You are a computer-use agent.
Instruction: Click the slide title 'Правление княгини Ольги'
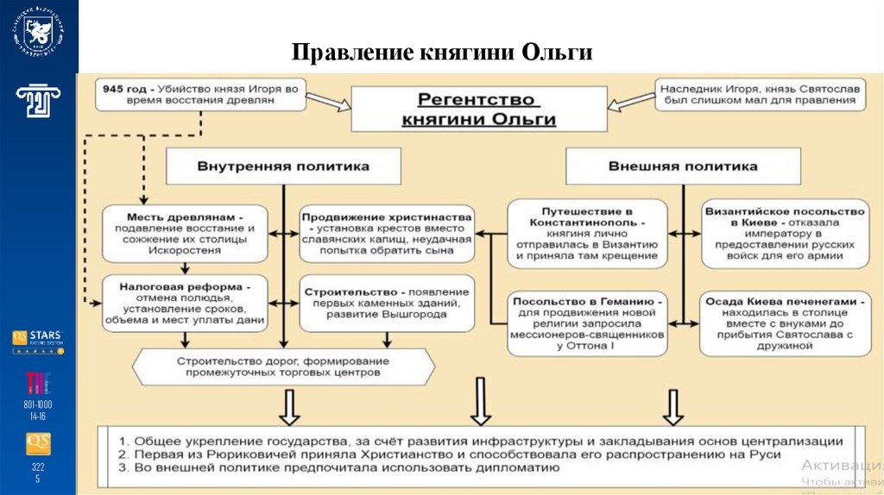(x=441, y=53)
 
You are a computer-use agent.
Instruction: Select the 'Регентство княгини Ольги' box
(x=478, y=110)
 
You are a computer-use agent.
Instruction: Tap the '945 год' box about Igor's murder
(x=200, y=94)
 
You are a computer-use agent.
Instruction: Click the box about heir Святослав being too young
(x=760, y=94)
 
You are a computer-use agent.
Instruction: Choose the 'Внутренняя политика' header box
(x=284, y=166)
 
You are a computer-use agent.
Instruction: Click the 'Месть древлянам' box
(x=186, y=230)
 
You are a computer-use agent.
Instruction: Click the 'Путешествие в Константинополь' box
(x=586, y=230)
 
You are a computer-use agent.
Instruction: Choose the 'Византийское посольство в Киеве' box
(x=784, y=230)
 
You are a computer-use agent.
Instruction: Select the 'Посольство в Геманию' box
(x=586, y=323)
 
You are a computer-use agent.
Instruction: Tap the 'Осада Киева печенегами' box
(x=784, y=323)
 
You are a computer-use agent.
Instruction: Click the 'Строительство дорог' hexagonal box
(x=284, y=366)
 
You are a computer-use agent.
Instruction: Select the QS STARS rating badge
(x=38, y=341)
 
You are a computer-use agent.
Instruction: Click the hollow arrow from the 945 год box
(x=328, y=101)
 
